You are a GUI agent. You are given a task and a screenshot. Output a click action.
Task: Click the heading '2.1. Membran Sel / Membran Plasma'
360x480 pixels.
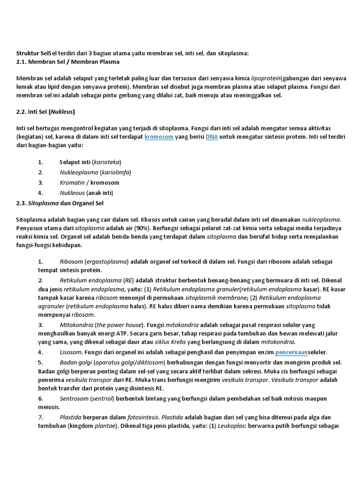click(x=68, y=62)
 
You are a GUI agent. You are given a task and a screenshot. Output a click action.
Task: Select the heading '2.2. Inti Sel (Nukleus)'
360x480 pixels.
click(x=45, y=112)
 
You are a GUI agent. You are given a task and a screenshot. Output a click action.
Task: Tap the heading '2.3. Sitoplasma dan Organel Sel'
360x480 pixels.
click(x=60, y=203)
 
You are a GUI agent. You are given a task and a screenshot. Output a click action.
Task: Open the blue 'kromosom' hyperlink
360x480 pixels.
click(x=159, y=137)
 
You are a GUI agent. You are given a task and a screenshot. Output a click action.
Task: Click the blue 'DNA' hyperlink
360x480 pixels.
click(x=212, y=137)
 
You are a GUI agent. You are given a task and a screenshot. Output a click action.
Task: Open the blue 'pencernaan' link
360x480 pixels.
click(x=291, y=352)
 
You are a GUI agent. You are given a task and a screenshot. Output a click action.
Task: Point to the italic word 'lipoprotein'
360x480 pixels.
click(x=268, y=78)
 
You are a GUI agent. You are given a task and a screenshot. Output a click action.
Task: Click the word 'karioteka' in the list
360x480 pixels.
click(x=107, y=162)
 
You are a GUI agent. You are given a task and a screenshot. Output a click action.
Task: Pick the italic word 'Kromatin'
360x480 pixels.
click(x=72, y=183)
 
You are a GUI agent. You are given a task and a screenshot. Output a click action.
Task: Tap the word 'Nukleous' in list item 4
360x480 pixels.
click(x=72, y=193)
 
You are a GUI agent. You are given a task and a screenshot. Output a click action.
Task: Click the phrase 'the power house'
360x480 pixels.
click(x=120, y=325)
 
